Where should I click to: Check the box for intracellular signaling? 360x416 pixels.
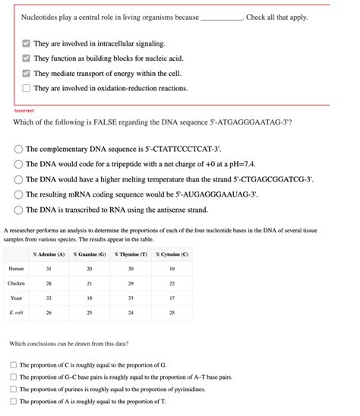pos(26,45)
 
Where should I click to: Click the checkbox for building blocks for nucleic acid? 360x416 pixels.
pos(26,59)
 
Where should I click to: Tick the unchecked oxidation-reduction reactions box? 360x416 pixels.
pos(26,89)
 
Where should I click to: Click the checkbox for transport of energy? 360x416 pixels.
pos(26,74)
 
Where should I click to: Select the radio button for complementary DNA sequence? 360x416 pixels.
pos(18,150)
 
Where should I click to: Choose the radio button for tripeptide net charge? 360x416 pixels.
pos(18,165)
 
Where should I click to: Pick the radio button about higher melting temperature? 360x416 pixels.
pos(18,180)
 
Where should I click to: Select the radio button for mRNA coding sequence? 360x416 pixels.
pos(18,194)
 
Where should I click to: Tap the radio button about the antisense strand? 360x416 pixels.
pos(18,210)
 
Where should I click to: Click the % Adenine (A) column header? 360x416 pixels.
pos(49,254)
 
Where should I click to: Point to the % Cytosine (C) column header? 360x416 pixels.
pos(172,254)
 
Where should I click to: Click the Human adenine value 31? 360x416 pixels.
pos(49,269)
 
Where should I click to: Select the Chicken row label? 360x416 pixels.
pos(16,284)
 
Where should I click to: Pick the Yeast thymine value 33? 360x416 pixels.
pos(131,298)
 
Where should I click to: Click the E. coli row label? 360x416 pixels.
pos(16,313)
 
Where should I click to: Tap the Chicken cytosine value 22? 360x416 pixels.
pos(172,284)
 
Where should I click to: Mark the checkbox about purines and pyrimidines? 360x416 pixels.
pos(14,389)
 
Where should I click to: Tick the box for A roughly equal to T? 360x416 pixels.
pos(14,402)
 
